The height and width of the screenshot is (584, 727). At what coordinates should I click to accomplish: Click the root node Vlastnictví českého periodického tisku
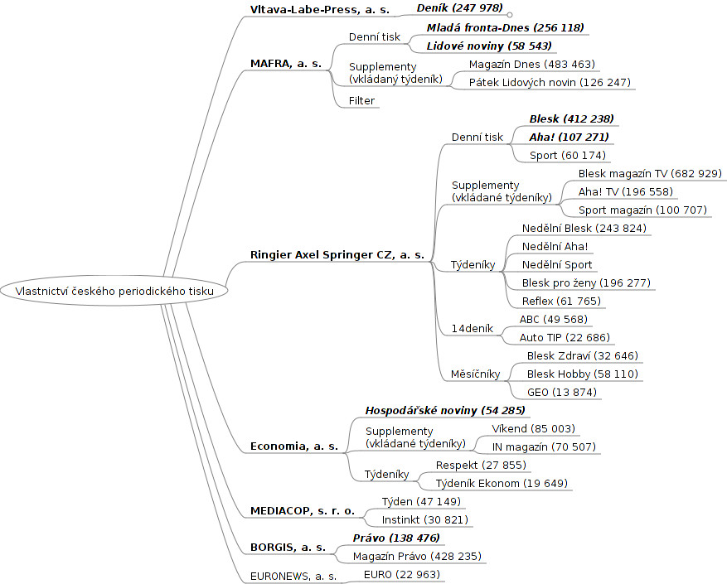[114, 292]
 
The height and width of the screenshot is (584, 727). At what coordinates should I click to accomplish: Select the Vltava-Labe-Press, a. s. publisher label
[319, 10]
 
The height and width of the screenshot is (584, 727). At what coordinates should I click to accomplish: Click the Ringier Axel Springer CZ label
[337, 255]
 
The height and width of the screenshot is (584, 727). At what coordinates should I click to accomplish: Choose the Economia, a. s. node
[293, 446]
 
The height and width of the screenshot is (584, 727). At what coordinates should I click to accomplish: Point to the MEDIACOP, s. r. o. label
[302, 511]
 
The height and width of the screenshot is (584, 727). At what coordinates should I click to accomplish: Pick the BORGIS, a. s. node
[288, 548]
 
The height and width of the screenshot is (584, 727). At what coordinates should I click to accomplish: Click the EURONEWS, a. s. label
[293, 576]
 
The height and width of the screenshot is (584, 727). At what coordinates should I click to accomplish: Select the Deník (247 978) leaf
[459, 8]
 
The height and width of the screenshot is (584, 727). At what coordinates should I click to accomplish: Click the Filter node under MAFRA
[361, 101]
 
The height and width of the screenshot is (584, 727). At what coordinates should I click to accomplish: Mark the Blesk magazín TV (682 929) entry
[650, 174]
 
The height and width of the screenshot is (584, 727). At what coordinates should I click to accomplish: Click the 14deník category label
[472, 329]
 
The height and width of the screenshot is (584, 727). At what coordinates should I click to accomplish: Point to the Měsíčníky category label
[475, 374]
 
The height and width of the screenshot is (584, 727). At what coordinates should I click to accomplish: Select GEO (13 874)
[561, 393]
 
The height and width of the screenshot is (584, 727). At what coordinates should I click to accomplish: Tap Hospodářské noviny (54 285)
[444, 410]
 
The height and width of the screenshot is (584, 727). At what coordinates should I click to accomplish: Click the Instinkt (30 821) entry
[424, 520]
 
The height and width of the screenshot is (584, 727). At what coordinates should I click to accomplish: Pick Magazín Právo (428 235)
[417, 557]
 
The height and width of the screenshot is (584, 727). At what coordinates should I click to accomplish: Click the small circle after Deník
[510, 15]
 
